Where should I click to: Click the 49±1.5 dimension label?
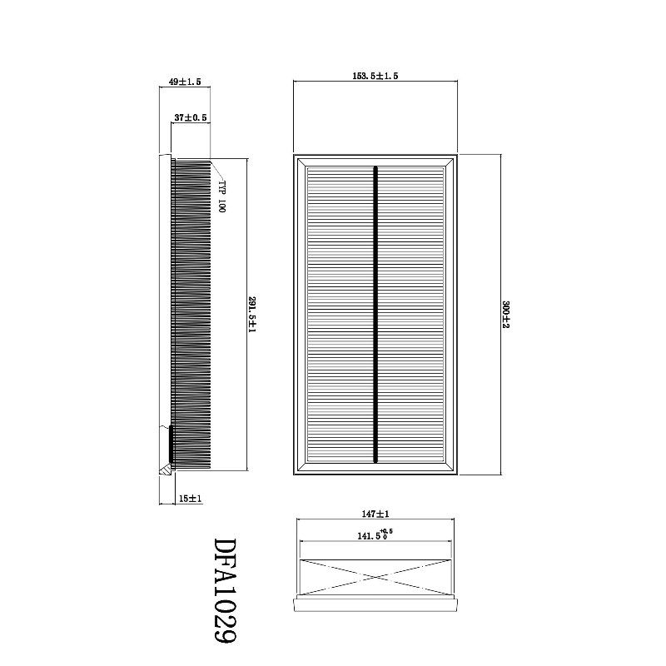(185, 82)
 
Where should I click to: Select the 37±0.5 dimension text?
(191, 117)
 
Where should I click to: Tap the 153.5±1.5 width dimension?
(375, 76)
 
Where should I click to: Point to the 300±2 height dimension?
(505, 315)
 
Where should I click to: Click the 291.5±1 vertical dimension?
(252, 315)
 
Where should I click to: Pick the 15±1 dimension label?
(190, 498)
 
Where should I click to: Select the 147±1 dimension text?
(375, 514)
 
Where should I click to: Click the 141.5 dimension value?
(369, 536)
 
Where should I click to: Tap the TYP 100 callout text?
(221, 196)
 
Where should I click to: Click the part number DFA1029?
(224, 590)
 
